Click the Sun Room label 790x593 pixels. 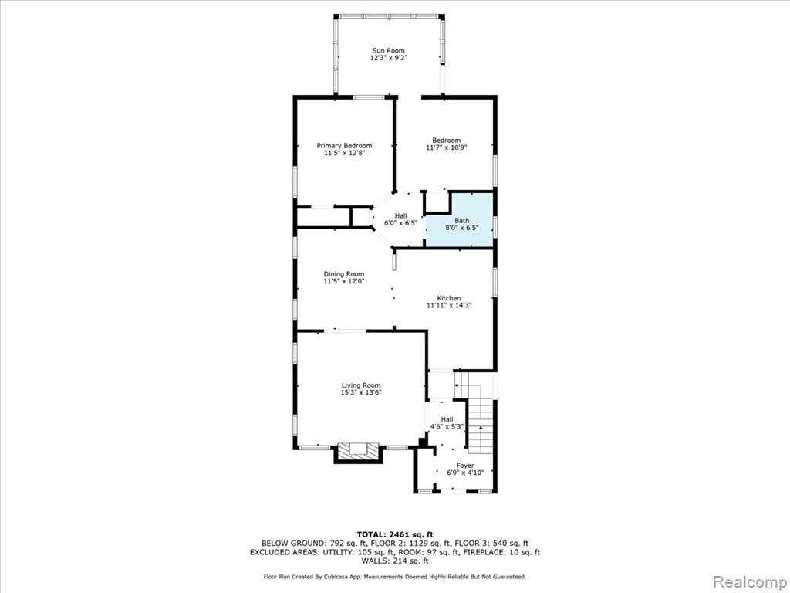pos(388,50)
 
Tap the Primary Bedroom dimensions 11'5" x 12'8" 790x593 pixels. pos(344,152)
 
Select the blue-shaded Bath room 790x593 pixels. pos(460,220)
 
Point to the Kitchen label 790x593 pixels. pos(448,298)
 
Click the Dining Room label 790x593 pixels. pos(343,274)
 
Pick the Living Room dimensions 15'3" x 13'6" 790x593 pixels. pos(361,392)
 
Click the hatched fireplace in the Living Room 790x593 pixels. pos(358,450)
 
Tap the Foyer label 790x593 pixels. pos(465,466)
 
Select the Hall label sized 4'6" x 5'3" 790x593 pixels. pos(447,419)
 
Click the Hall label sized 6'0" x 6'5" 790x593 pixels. pos(400,216)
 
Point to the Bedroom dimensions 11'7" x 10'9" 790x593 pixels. pos(447,147)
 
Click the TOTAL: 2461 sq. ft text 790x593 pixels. pos(395,534)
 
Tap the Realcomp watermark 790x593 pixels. pos(750,581)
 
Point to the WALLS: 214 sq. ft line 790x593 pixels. pos(395,561)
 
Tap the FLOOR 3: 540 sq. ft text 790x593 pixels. pos(491,544)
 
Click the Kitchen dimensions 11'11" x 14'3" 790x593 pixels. pos(448,305)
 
